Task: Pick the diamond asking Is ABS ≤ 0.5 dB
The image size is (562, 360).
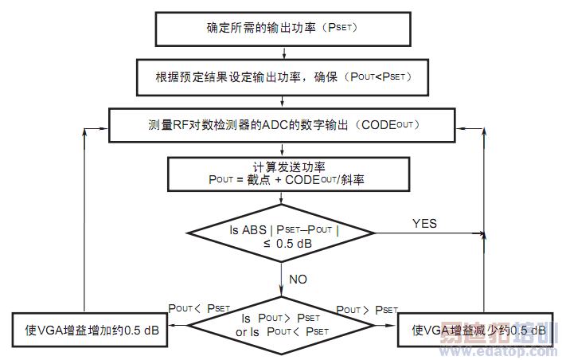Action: (x=283, y=233)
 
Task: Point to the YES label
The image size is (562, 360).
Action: (x=424, y=224)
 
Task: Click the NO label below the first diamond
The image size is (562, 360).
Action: (x=298, y=280)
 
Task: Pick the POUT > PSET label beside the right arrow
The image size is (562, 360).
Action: (x=367, y=309)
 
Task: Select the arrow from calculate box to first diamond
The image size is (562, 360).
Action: (x=282, y=199)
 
